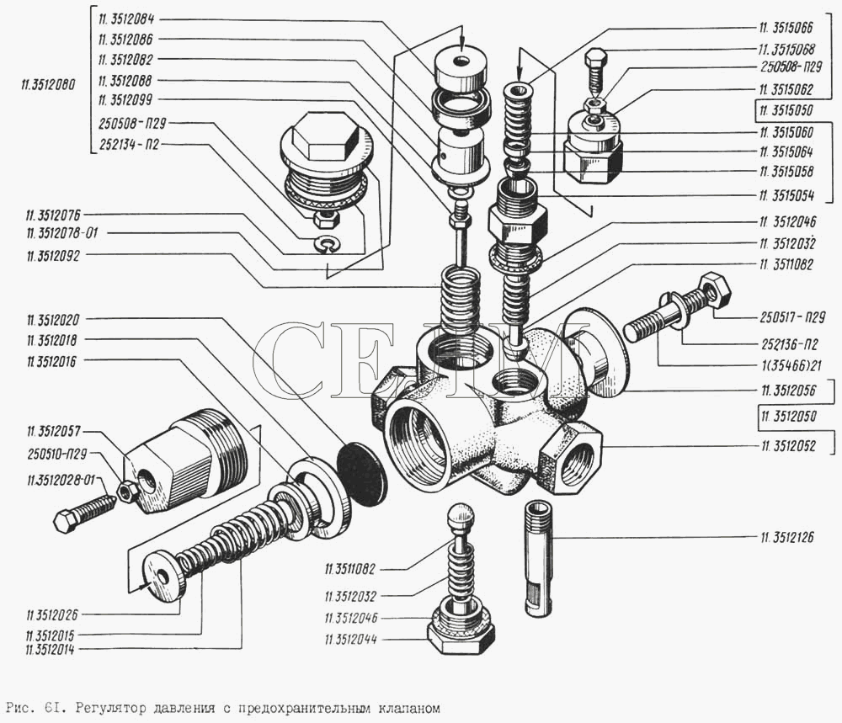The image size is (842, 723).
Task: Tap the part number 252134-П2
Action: pyautogui.click(x=127, y=145)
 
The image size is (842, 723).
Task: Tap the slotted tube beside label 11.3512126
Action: pyautogui.click(x=538, y=557)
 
